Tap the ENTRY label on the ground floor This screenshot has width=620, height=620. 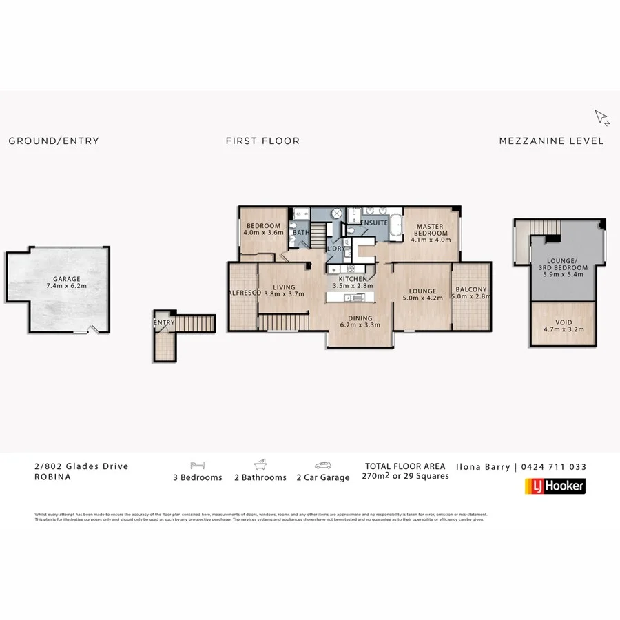[164, 322]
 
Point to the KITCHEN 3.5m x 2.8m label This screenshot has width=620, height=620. [352, 282]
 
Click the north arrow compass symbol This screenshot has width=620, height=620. [601, 118]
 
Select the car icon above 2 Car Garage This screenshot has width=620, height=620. [323, 465]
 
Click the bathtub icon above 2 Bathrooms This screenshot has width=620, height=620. [261, 465]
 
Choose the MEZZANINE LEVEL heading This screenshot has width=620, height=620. [551, 141]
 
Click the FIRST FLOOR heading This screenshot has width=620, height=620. [262, 141]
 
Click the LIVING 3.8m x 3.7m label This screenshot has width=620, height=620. [284, 291]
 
